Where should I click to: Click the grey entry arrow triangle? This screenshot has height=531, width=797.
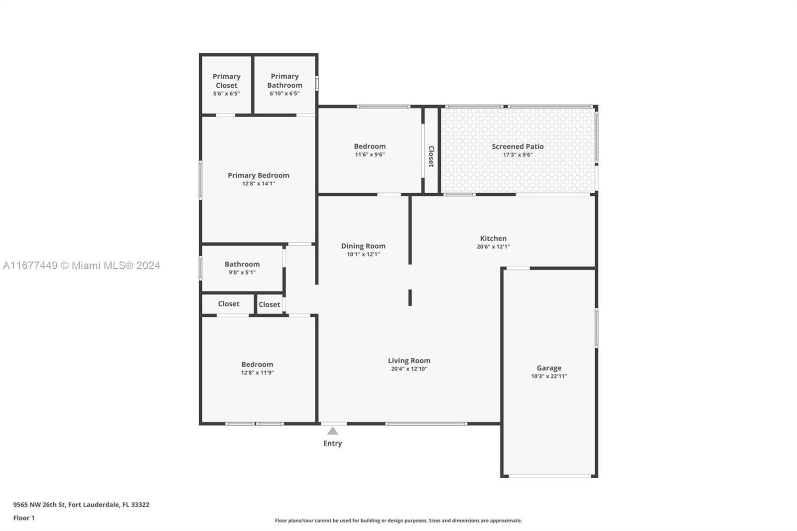[333, 431]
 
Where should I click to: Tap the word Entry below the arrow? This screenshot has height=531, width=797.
[333, 443]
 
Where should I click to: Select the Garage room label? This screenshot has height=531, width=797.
[549, 368]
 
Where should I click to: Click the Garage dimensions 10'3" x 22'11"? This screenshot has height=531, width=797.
[549, 376]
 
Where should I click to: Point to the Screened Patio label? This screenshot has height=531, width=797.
[518, 146]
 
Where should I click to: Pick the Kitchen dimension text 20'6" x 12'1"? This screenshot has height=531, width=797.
[493, 247]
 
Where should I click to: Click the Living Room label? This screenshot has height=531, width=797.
[409, 361]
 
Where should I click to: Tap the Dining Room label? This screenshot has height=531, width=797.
[363, 246]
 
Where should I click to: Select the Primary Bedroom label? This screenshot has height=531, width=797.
[259, 175]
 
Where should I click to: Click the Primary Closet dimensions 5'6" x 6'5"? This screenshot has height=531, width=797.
[226, 94]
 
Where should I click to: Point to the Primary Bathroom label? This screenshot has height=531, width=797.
[284, 81]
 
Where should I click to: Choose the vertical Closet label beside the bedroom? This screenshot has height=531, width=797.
[431, 156]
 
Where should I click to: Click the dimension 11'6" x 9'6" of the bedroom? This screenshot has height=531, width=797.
[370, 154]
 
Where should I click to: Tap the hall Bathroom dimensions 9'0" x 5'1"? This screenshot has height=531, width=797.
[242, 272]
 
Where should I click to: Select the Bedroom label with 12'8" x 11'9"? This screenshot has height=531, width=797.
[257, 365]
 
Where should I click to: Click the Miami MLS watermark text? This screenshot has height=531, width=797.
[82, 265]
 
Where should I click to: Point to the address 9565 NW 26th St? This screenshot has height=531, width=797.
[39, 505]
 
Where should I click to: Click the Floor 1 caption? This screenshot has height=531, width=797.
[24, 518]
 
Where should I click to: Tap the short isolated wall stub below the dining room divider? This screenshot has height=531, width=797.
[410, 297]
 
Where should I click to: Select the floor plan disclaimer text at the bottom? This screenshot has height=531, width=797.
[398, 521]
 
